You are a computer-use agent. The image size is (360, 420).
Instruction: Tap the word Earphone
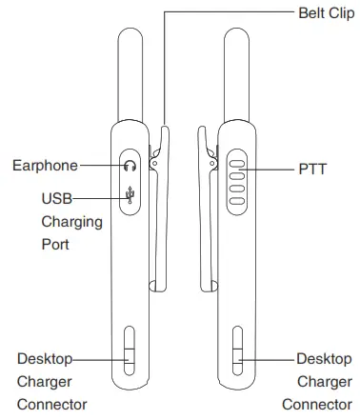(x=45, y=165)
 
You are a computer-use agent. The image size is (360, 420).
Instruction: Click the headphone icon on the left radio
(x=130, y=165)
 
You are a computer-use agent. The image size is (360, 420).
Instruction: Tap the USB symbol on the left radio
(x=130, y=197)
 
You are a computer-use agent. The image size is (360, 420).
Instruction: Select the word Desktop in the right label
(x=322, y=359)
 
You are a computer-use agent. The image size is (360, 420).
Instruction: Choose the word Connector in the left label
(x=52, y=403)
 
